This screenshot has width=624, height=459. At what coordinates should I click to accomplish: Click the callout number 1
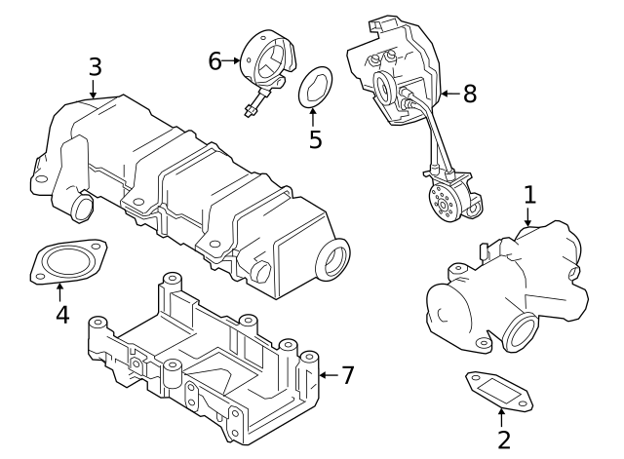coord(529,194)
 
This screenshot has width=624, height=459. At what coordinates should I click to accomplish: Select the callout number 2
coord(504,440)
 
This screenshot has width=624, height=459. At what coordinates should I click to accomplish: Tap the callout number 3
coord(95,66)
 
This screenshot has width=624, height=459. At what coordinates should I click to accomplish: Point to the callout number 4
coord(60,315)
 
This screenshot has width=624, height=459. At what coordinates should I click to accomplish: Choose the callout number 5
coord(315,138)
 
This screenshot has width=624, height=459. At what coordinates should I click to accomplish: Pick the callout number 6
coord(215,60)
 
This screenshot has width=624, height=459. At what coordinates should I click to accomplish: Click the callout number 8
coord(469,94)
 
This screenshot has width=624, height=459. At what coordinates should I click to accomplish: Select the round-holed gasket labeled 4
coord(65,264)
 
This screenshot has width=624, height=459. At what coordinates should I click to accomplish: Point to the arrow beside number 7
coord(329,374)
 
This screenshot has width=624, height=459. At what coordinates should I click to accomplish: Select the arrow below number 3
coord(94,90)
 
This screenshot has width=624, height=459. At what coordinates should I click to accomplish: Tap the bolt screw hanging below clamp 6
coord(254,104)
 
